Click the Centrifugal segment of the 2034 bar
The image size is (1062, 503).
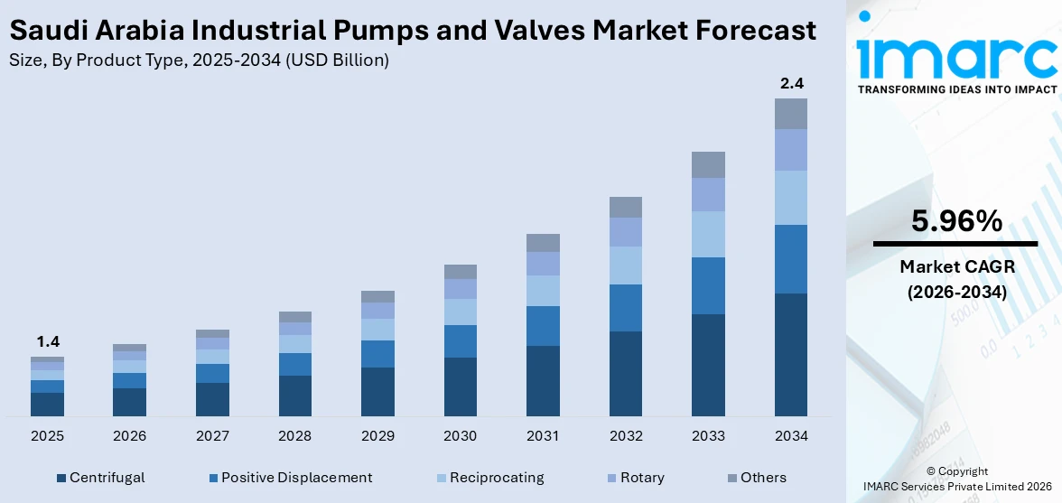tap(790, 354)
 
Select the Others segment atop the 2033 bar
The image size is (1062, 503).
tap(708, 164)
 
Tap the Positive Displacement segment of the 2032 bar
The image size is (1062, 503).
tap(625, 308)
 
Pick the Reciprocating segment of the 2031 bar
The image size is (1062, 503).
tap(543, 291)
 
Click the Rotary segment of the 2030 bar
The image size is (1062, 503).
tap(460, 289)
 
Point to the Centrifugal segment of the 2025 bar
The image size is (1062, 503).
tap(47, 405)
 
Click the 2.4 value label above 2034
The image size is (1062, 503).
tap(791, 84)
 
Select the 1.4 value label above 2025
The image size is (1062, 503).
tap(47, 342)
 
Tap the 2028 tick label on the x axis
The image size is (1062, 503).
tap(294, 436)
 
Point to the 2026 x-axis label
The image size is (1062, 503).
tap(129, 436)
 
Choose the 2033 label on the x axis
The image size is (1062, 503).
tap(708, 436)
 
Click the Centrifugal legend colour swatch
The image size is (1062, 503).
tap(61, 478)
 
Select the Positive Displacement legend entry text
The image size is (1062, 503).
tap(296, 478)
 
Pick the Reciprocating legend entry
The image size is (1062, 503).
tap(497, 478)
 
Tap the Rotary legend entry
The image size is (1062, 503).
tap(642, 478)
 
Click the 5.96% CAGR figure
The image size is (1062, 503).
tap(955, 220)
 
